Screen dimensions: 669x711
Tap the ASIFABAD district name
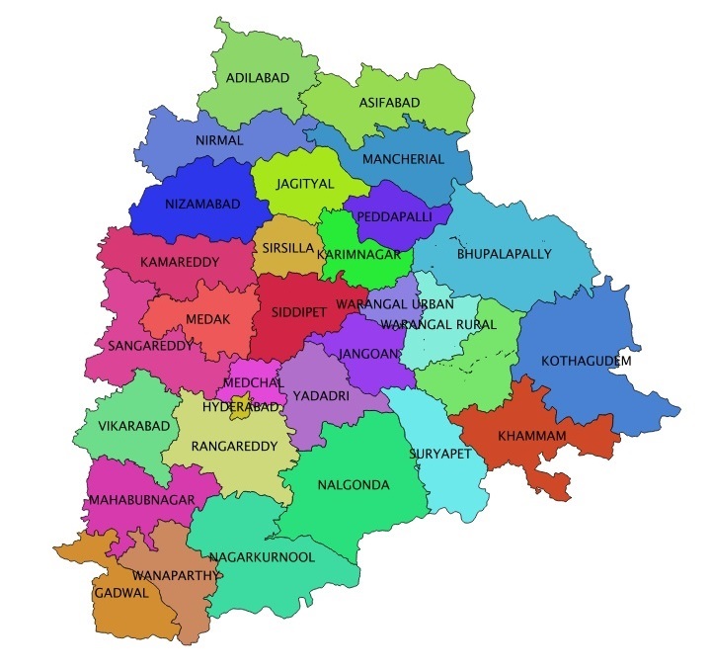[x=388, y=103]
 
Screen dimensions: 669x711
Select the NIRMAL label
[x=219, y=140]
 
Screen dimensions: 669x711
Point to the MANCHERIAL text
[x=403, y=159]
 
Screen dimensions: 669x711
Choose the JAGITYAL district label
[x=298, y=183]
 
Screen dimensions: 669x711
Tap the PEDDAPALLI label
[x=395, y=214]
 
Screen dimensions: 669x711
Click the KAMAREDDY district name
[x=175, y=263]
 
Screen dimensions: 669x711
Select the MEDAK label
[x=207, y=319]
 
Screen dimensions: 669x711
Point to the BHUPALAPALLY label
[x=504, y=254]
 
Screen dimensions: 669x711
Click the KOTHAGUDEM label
[x=587, y=361]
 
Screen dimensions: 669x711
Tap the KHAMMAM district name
[x=531, y=435]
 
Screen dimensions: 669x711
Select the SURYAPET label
[x=440, y=454]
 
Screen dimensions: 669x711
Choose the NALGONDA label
[x=354, y=485]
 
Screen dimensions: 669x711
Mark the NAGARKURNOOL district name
[x=262, y=557]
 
